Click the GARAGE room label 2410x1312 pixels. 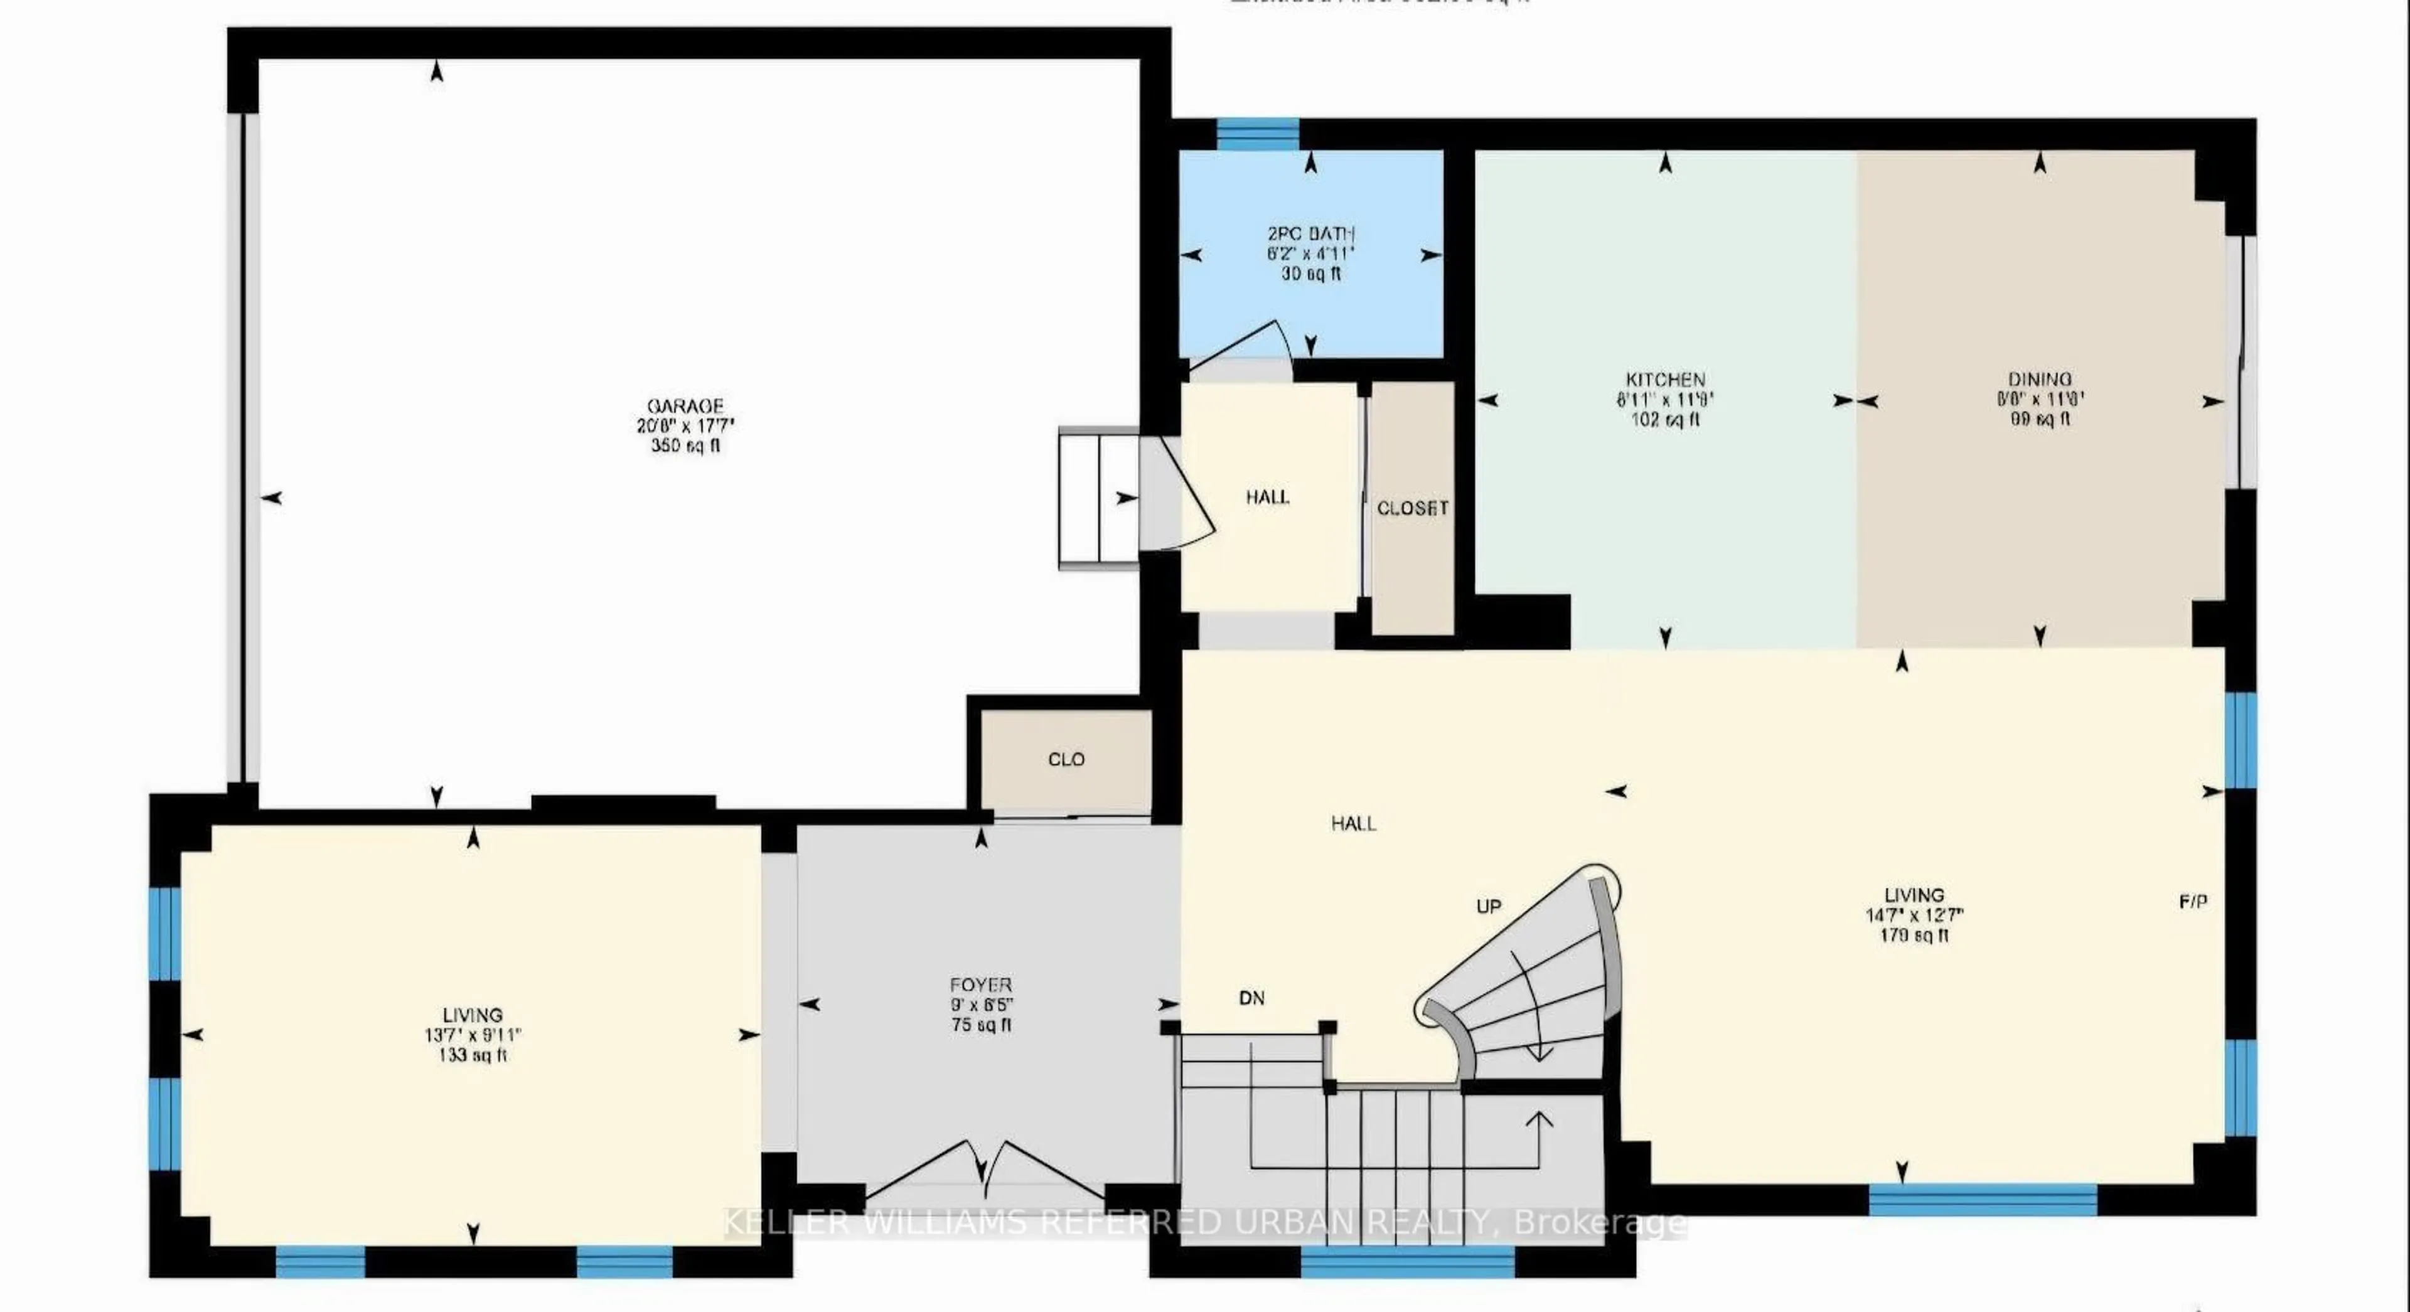(x=685, y=407)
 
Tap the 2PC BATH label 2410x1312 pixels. (x=1310, y=234)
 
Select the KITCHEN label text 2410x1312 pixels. (x=1664, y=380)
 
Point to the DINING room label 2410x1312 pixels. (x=2040, y=380)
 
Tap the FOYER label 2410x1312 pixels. (x=980, y=984)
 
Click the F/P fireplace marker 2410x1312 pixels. (x=2193, y=902)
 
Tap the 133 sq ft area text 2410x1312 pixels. (x=473, y=1056)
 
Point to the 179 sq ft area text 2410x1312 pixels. (x=1914, y=935)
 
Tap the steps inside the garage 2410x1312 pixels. (x=1098, y=498)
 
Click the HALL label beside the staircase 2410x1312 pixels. (x=1353, y=824)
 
